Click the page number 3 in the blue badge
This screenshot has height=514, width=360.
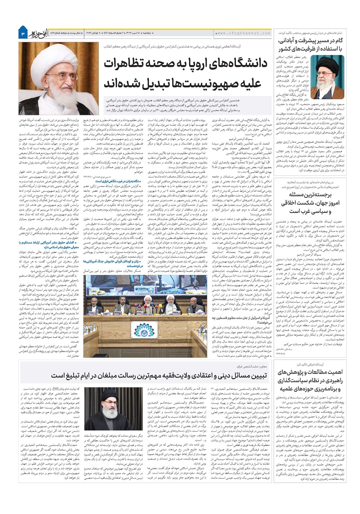(23, 33)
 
